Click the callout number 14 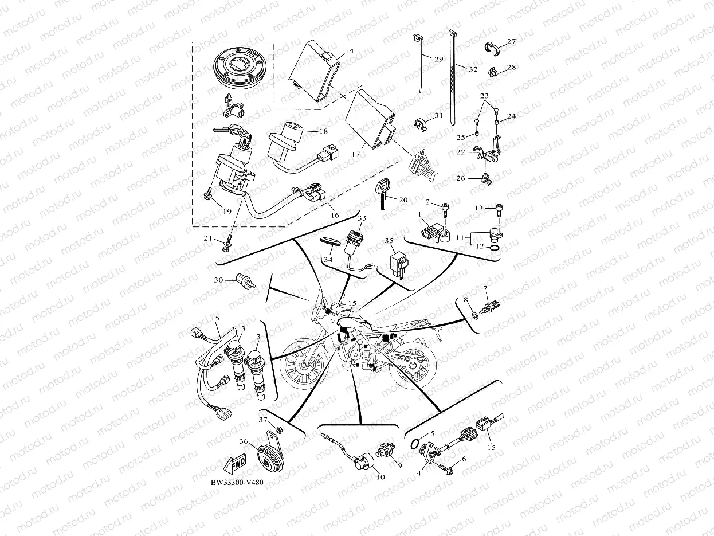(x=349, y=51)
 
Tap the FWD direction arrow (x=234, y=463)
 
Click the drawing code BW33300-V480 (x=237, y=483)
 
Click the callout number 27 (x=511, y=41)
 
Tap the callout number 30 (x=218, y=280)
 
